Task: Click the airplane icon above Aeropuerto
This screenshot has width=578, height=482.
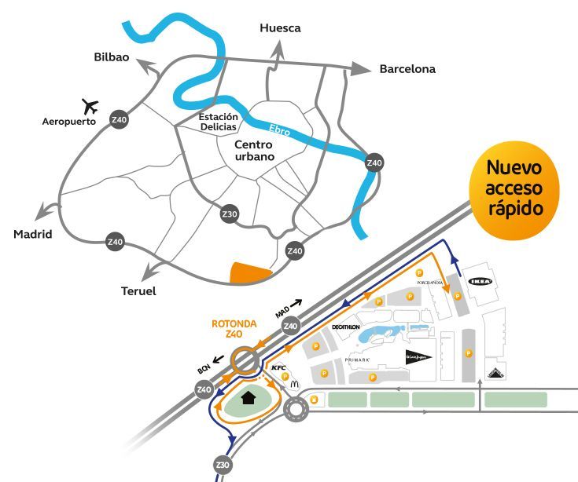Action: tap(91, 106)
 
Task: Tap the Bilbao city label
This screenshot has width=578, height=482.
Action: tap(111, 57)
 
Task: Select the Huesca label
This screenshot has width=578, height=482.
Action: tap(280, 28)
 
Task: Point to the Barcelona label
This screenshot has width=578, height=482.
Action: tap(407, 69)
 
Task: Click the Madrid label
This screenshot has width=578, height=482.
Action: tap(32, 235)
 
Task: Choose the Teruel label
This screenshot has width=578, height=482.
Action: tap(138, 291)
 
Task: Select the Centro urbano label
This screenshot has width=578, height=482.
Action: tap(254, 151)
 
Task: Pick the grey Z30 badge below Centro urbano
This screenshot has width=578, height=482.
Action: tap(230, 214)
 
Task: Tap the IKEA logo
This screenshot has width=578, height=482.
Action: tap(480, 281)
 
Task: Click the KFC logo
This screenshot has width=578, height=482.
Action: tap(278, 367)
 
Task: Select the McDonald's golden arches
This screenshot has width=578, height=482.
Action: tap(295, 384)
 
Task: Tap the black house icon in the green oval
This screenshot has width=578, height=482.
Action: tap(249, 397)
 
